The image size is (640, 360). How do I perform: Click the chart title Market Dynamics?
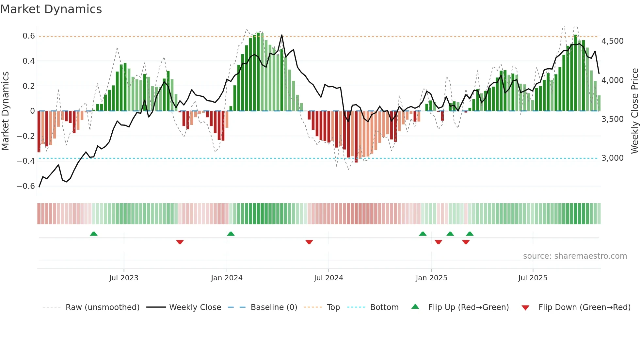[x=51, y=9]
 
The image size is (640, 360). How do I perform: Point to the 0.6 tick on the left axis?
[x=29, y=36]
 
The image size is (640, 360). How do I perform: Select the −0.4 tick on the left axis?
[x=26, y=161]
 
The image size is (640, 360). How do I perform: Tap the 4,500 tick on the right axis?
[x=612, y=41]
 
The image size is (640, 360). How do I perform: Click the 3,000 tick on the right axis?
[x=612, y=158]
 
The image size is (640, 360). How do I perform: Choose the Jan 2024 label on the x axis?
[x=227, y=278]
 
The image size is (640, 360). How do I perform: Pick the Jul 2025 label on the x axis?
[x=533, y=278]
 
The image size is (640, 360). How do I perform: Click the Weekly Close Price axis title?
[x=634, y=111]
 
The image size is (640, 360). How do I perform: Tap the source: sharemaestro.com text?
[x=575, y=256]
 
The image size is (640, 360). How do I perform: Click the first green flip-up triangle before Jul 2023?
[x=94, y=234]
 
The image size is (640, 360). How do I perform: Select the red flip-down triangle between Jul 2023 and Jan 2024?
[x=180, y=242]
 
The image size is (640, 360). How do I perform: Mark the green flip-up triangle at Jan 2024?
[x=231, y=234]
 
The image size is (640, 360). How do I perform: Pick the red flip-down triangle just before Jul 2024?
[x=309, y=242]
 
